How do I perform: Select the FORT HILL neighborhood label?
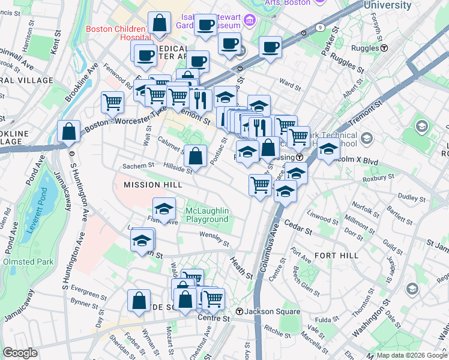point(336,256)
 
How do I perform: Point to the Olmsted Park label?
point(28,262)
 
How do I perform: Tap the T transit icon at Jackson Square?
point(239,311)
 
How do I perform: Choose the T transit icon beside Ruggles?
point(384,48)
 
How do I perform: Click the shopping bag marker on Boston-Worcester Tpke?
point(69,131)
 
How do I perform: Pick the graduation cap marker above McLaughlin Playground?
point(164,208)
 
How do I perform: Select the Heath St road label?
point(242,267)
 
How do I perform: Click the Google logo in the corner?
point(20,353)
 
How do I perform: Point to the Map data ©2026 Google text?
point(411,355)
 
